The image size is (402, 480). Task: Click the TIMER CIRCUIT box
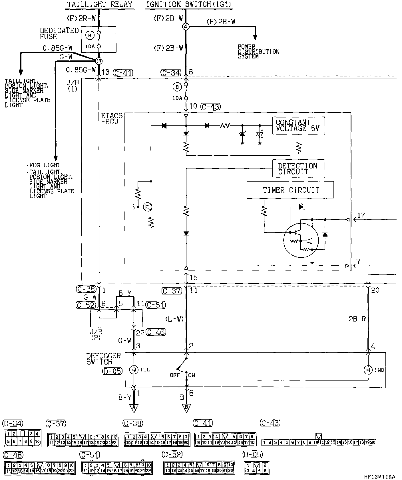click(290, 190)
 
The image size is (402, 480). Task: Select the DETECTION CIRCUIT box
click(298, 168)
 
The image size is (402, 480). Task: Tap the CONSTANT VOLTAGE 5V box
click(298, 125)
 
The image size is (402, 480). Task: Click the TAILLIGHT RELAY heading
click(100, 5)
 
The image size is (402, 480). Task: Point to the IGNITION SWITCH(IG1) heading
click(188, 5)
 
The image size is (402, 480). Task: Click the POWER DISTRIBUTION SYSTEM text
click(258, 52)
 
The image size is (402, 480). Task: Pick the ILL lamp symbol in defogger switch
click(133, 370)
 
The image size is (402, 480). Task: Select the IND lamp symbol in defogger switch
click(368, 370)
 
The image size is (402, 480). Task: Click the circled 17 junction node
click(99, 61)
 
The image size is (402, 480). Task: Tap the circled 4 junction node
click(186, 27)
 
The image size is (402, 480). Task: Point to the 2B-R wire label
click(357, 319)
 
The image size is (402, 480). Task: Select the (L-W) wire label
click(174, 319)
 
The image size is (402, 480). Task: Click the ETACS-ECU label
click(112, 119)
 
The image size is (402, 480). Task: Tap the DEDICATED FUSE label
click(59, 33)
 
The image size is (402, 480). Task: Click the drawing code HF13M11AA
click(379, 476)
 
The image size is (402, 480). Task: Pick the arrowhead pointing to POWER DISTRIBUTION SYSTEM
click(255, 37)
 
